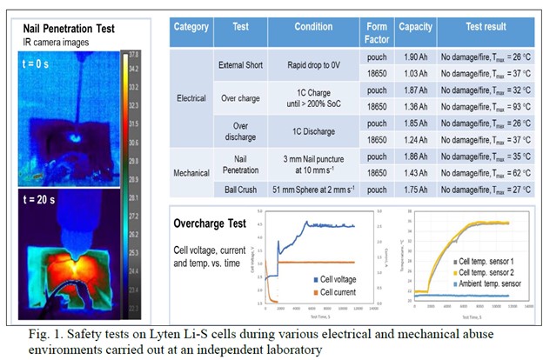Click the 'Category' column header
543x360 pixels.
coord(191,27)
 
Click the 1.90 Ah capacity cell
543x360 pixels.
coord(415,57)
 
